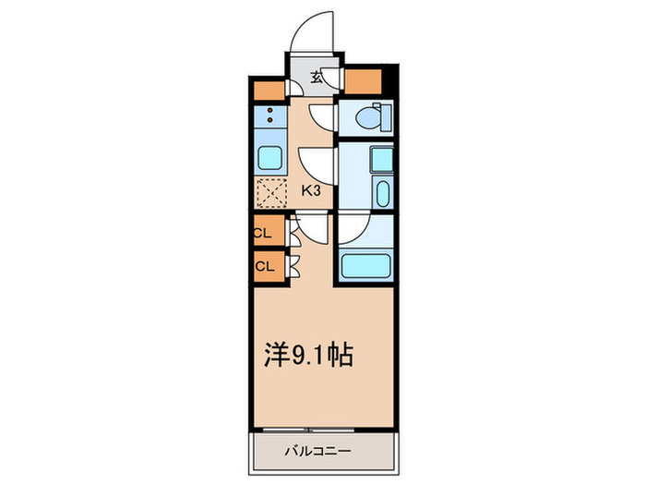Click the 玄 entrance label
coord(317,78)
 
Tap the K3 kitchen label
coord(312,191)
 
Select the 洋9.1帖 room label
coord(308,356)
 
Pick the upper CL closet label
coord(264,234)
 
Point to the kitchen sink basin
coord(269,158)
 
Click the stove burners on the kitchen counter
coord(269,116)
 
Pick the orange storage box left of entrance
coord(268,91)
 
